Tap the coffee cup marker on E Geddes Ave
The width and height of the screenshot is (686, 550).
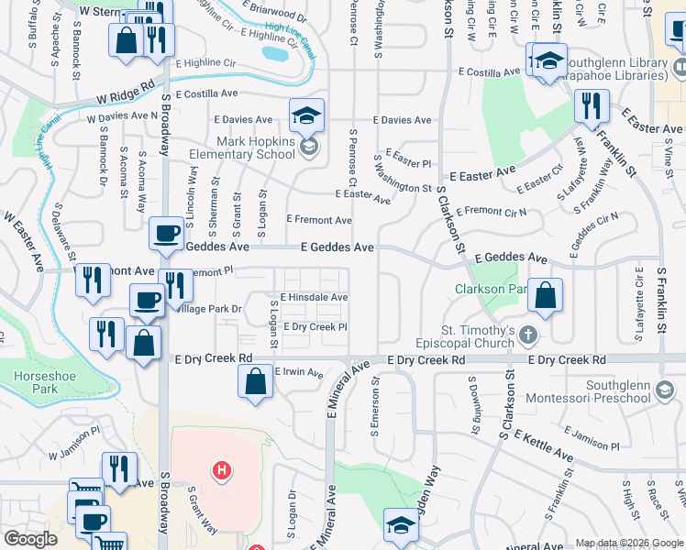coord(166,235)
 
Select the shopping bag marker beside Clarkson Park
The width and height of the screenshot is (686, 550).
coord(545,297)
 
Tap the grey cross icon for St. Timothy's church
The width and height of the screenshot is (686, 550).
coord(528,335)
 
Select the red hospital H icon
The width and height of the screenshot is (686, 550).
coord(220,471)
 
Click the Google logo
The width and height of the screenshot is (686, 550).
coord(30,539)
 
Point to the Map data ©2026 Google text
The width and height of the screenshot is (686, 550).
coord(628,543)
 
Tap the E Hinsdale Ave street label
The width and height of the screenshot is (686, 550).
coord(315,298)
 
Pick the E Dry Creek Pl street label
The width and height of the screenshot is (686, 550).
coord(315,326)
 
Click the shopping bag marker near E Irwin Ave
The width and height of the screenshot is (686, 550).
coord(256,382)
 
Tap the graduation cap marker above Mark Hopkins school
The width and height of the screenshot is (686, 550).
coord(306,115)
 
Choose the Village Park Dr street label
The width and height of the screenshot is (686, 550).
coord(210,310)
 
